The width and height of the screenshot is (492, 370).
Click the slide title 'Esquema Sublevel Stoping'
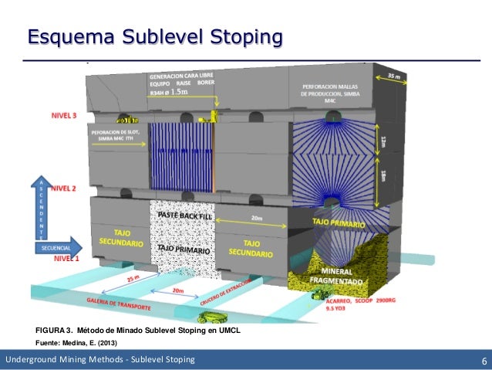pyautogui.click(x=154, y=36)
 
